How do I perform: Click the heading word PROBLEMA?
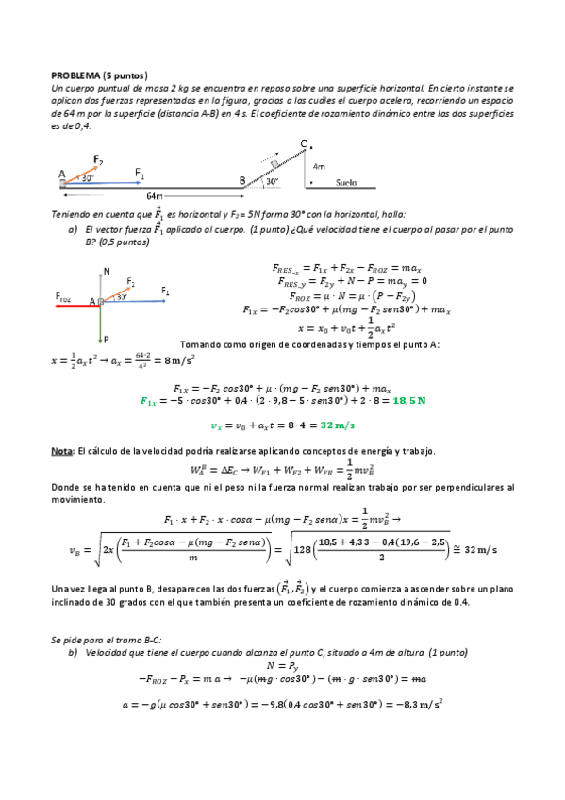(75, 75)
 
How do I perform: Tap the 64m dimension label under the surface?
(155, 196)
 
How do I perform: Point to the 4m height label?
(318, 166)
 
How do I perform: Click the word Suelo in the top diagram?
(346, 183)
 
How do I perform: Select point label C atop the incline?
(303, 143)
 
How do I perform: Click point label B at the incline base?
(241, 180)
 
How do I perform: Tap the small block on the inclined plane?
(275, 163)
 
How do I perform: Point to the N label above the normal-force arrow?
(107, 271)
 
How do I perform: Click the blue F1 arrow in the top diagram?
(104, 184)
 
